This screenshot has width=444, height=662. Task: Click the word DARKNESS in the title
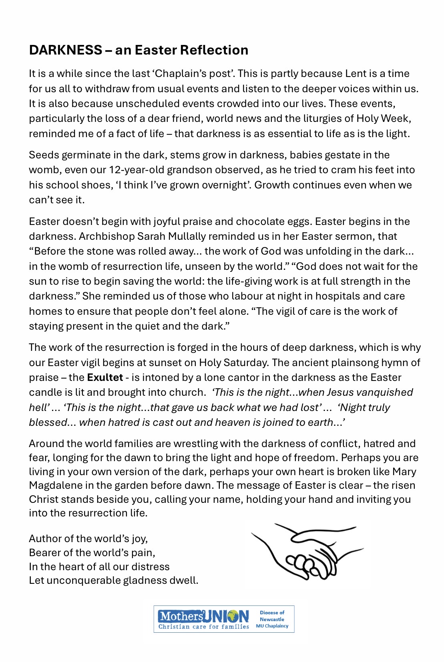(x=66, y=50)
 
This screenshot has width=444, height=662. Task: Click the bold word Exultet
(x=105, y=378)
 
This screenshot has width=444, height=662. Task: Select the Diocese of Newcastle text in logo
(x=272, y=616)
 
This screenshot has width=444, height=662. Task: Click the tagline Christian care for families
(x=203, y=627)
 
